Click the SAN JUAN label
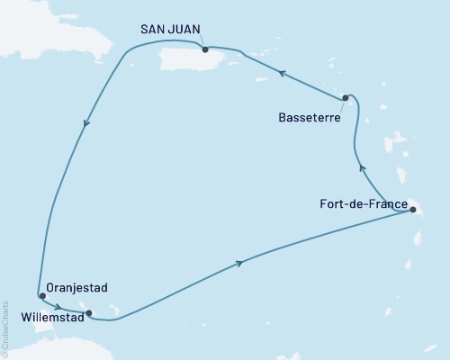[x=171, y=30]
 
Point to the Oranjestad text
[x=79, y=287]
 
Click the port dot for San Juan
[x=205, y=49]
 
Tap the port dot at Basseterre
[x=345, y=98]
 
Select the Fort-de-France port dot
[x=412, y=210]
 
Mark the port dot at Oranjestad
[x=42, y=295]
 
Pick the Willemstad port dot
[x=87, y=313]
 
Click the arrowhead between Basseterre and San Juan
[x=282, y=76]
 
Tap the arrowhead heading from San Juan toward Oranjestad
[x=86, y=125]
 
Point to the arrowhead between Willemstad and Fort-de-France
[x=239, y=262]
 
